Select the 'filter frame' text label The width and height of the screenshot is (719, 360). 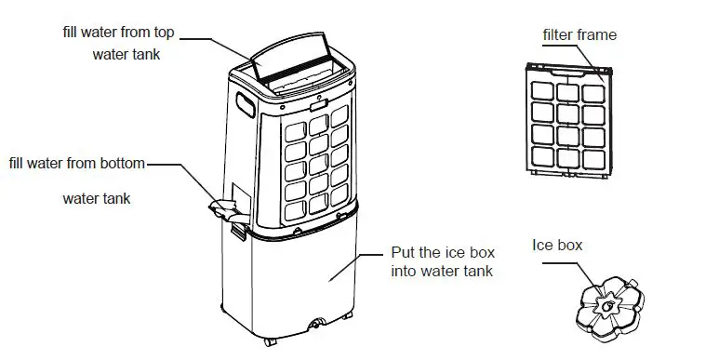[579, 35]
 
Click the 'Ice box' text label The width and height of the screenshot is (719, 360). [557, 246]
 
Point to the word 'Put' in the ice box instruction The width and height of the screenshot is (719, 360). [401, 253]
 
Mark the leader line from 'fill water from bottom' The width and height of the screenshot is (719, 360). [177, 167]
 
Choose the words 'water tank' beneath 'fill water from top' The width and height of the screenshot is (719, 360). [126, 54]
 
